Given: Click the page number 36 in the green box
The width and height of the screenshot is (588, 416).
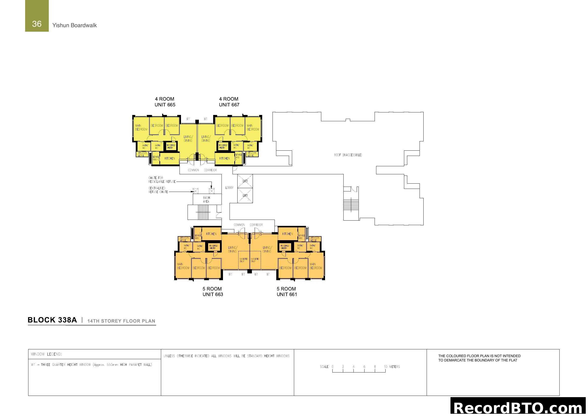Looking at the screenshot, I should coord(37,24).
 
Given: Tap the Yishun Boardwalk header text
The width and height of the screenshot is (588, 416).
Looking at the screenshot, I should coord(74,25).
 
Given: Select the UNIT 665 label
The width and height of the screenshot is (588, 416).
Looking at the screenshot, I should coord(165,105).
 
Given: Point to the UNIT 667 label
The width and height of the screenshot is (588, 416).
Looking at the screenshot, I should coord(229,105).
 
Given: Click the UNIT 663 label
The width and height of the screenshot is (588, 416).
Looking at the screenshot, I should coord(213,295).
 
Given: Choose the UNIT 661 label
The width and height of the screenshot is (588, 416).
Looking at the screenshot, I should coord(287,295).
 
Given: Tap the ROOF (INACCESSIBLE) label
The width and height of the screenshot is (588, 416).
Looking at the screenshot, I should coord(348,155).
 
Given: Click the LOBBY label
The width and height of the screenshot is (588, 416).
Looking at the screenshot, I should coord(229,188).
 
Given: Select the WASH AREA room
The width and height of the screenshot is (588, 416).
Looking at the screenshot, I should coord(206,199).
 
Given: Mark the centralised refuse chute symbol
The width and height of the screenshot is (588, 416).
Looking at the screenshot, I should coord(195,191).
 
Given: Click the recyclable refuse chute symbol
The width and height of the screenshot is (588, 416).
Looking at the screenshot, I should coord(211,191).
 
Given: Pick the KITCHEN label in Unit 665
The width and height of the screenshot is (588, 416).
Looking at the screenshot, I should coord(169,158).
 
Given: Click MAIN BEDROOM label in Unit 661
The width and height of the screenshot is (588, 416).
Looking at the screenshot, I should coord(315,266).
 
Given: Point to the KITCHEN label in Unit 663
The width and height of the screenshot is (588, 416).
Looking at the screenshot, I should coord(211,234).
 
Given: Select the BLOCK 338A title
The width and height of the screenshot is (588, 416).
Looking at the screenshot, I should coord(52,320).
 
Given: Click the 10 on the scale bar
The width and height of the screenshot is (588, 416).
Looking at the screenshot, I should coord(385,367).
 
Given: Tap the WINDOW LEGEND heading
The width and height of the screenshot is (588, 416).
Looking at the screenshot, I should coord(46,354).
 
